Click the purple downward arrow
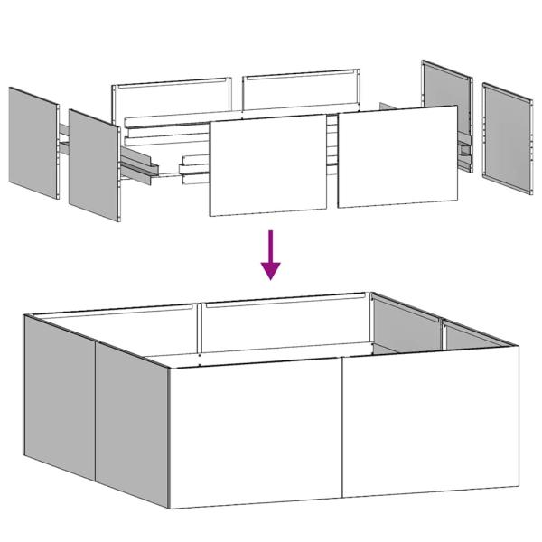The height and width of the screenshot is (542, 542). tap(270, 254)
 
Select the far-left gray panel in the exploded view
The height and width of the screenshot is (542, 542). tap(34, 145)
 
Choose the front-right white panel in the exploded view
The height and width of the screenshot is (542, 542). tap(398, 156)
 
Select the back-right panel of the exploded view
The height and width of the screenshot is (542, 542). tap(301, 92)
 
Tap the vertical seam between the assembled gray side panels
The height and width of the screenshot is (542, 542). tap(95, 406)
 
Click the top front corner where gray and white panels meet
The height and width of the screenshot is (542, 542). tap(169, 368)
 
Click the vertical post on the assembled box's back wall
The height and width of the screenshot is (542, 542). tap(198, 329)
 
